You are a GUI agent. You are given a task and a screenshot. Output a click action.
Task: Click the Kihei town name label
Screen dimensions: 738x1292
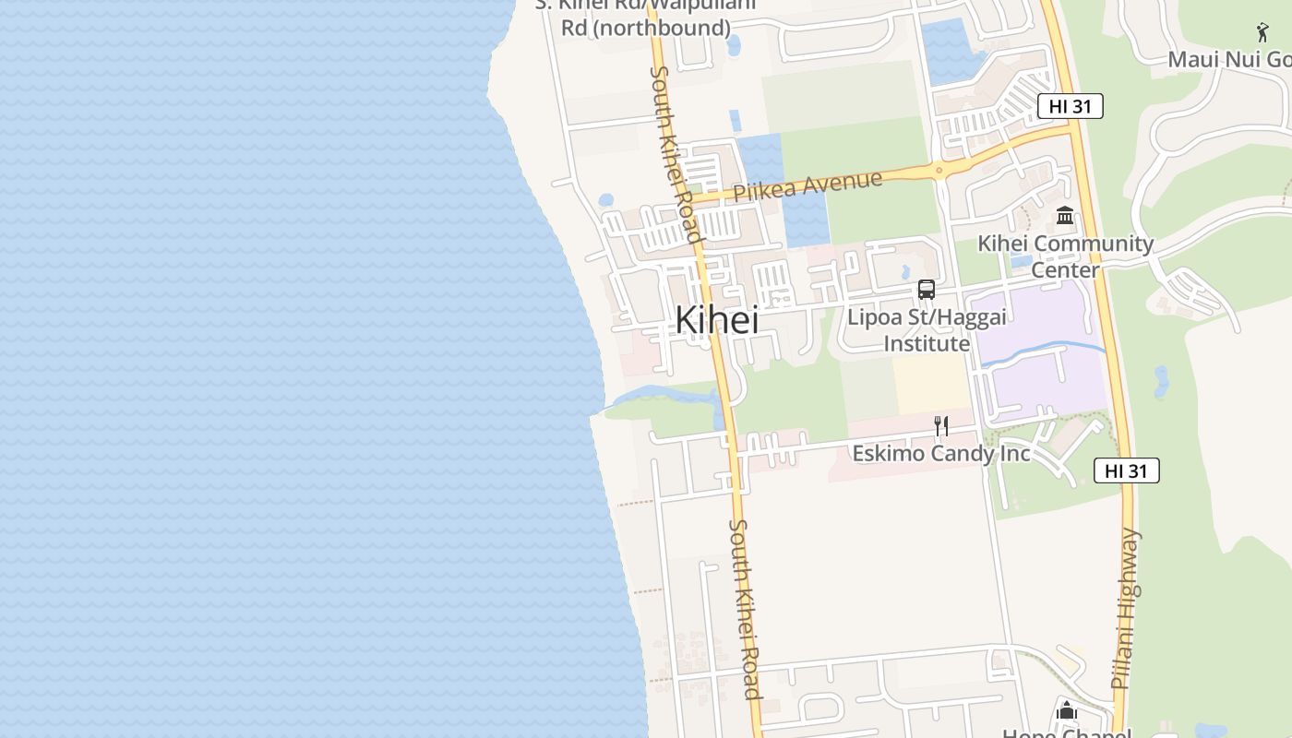[x=717, y=320]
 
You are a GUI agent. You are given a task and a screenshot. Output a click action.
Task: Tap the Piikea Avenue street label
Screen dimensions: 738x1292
[x=807, y=185]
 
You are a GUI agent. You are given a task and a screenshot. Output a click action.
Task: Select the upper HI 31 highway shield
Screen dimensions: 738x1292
[x=1070, y=106]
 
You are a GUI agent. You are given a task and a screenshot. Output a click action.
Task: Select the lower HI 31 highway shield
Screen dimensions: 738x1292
[x=1126, y=470]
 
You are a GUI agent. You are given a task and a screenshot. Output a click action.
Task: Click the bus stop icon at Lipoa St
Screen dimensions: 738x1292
[x=927, y=290]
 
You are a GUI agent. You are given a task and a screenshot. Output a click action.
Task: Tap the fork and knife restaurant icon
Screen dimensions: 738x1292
[x=941, y=425]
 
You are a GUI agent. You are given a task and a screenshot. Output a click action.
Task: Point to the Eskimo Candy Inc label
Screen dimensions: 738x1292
[x=940, y=453]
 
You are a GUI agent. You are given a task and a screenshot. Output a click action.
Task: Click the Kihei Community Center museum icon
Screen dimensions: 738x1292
[x=1065, y=216]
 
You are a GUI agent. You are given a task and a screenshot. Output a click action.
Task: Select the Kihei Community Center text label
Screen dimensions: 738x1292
[x=1065, y=256]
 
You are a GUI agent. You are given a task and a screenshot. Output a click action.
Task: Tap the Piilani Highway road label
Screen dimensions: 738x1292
[x=1127, y=609]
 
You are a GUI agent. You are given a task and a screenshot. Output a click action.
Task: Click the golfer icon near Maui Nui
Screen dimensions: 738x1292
[x=1262, y=32]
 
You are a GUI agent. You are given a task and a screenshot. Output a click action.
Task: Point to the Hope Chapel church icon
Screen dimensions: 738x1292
[x=1067, y=710]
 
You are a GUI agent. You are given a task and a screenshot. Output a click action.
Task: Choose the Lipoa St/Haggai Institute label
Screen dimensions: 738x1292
[x=927, y=329]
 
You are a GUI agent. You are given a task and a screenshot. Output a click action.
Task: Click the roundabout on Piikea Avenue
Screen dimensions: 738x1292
[x=939, y=170]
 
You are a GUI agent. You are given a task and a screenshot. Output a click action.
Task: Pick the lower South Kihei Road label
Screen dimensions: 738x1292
[x=745, y=609]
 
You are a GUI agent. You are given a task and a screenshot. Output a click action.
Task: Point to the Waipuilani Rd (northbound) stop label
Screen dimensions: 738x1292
[x=646, y=18]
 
